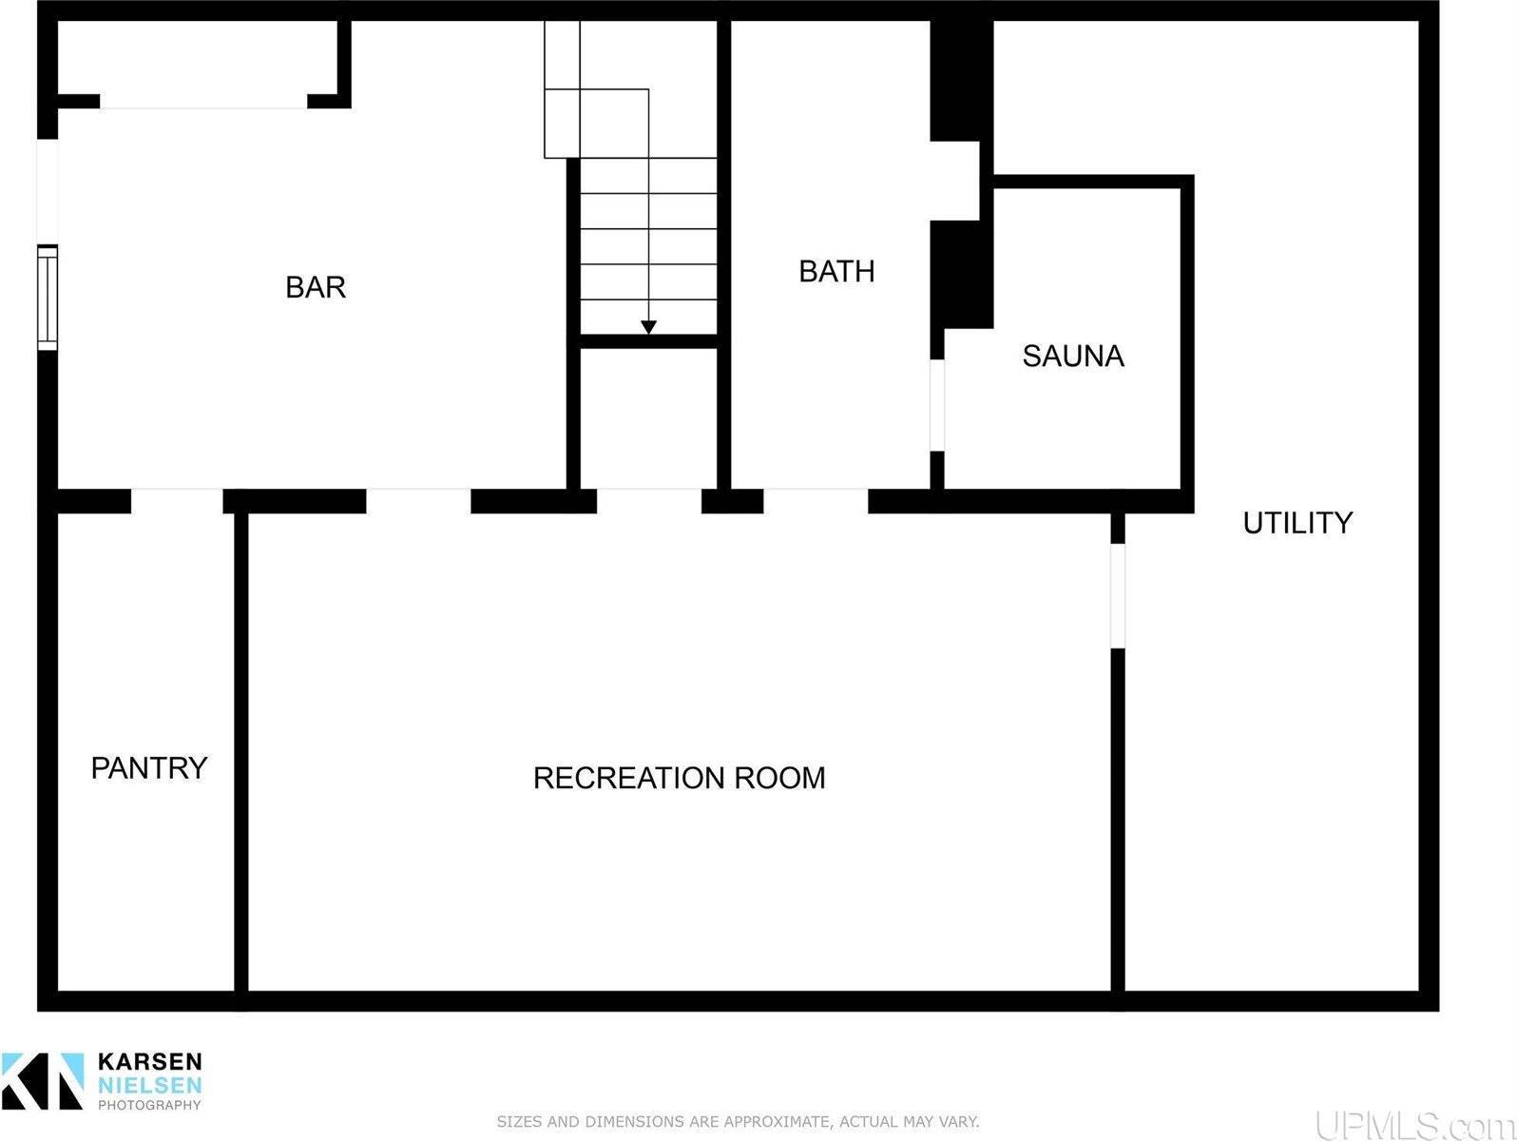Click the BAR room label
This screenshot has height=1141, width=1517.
316,287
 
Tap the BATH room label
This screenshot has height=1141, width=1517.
837,271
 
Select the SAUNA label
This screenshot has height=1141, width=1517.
1073,356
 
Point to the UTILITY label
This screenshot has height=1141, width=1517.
1298,522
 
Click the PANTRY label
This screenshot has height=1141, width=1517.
149,768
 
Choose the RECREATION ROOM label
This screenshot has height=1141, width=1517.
680,778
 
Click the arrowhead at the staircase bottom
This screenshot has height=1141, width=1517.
648,327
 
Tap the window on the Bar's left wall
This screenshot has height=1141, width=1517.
47,298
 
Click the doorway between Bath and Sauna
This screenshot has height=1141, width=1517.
937,405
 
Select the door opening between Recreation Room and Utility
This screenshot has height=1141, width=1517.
1118,596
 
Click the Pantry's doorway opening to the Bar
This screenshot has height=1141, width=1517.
177,501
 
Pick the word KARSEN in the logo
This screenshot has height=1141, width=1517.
150,1061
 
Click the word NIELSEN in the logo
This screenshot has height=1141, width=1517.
150,1084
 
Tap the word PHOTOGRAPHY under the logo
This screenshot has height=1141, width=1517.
149,1105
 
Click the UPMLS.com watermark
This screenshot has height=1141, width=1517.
1414,1125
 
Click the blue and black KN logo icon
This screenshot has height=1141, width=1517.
43,1081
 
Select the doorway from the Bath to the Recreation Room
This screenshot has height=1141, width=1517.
816,501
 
